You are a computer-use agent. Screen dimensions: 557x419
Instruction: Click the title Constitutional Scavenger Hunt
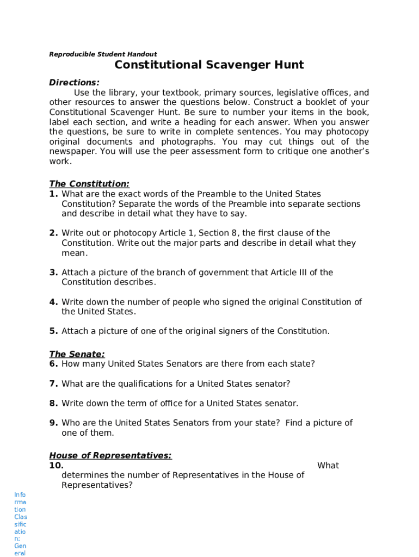click(209, 65)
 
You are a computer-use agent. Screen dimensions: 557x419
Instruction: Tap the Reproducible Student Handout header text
click(103, 54)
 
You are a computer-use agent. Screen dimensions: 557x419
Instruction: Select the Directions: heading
click(74, 83)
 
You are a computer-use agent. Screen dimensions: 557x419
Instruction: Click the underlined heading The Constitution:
click(89, 184)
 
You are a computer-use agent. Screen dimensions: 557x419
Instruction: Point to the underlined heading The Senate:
click(77, 354)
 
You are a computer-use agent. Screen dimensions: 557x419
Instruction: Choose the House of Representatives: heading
click(110, 455)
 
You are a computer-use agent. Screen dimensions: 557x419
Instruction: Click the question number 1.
click(53, 194)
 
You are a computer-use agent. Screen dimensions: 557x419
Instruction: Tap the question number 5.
click(53, 331)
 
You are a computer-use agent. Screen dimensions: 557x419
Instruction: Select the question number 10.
click(56, 466)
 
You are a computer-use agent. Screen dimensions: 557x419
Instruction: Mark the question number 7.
click(53, 384)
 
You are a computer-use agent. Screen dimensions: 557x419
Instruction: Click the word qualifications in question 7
click(145, 384)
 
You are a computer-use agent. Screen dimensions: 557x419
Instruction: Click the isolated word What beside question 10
click(328, 466)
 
